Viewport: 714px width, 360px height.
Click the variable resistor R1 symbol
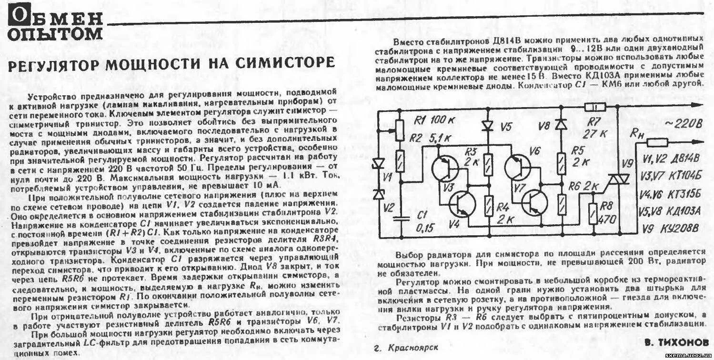400,128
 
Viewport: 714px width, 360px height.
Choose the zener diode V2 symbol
379,194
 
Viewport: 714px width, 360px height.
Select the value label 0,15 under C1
425,228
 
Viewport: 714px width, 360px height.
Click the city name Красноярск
412,348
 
